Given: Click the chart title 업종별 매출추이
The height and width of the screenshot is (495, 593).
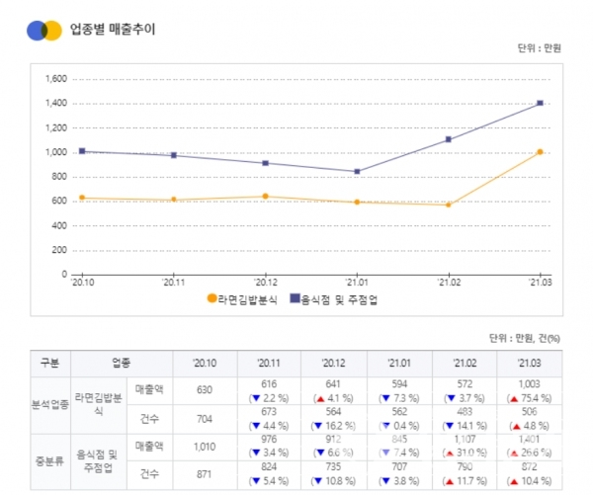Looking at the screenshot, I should (112, 29).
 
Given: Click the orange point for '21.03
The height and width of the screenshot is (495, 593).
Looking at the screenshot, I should (540, 152).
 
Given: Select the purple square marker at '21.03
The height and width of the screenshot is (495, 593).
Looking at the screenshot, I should (540, 103).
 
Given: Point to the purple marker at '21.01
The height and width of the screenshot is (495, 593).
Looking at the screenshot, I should (357, 171).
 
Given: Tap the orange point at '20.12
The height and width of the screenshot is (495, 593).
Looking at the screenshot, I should (265, 196).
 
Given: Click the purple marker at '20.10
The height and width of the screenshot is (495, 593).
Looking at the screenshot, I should (81, 151).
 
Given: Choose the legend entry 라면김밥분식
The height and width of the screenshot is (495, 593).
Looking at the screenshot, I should (242, 297).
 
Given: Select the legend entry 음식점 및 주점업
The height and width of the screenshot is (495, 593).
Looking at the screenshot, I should (342, 297).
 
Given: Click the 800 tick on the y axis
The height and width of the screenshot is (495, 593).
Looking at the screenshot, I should (58, 177).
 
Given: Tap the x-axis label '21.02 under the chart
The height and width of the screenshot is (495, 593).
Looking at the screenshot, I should (449, 282).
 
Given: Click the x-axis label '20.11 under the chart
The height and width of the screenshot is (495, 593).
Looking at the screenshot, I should (173, 282).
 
